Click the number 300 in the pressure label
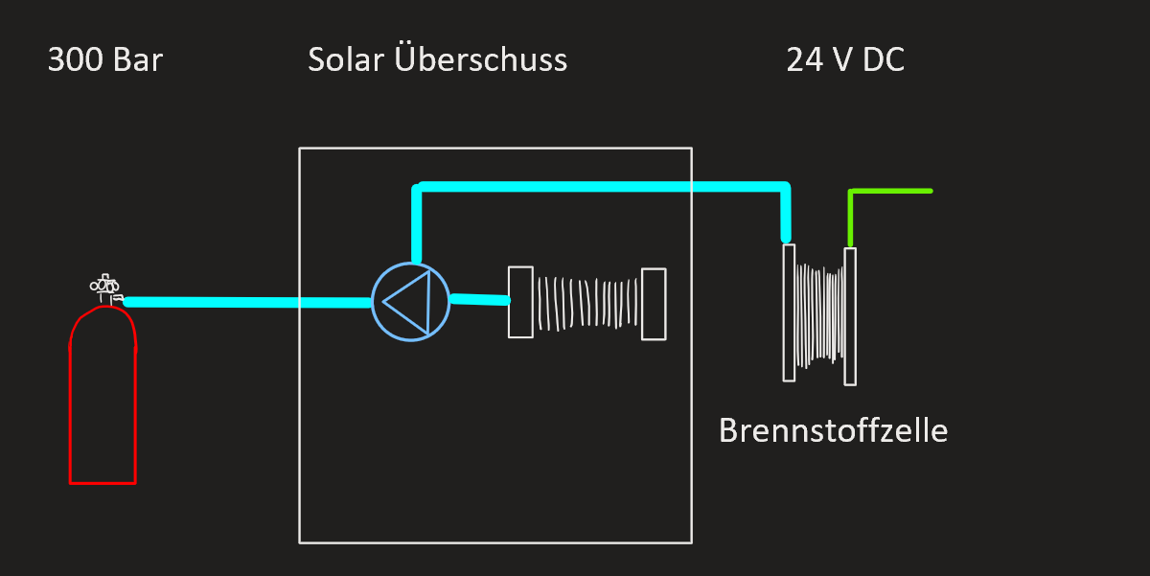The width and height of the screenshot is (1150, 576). (76, 59)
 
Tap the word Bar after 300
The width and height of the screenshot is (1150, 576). (138, 59)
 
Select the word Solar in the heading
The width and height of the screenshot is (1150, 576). (346, 59)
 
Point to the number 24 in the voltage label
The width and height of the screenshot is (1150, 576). (805, 59)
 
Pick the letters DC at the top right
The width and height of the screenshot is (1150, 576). (884, 59)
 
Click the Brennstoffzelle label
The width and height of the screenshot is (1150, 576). (833, 430)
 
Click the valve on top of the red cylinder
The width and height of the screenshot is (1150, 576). (106, 288)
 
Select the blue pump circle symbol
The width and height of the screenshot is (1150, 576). (372, 302)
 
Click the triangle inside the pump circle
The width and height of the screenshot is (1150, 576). (428, 302)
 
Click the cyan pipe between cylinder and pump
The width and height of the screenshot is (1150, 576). (247, 302)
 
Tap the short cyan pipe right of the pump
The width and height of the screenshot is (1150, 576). (480, 299)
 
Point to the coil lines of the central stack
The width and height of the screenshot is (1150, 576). (587, 303)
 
